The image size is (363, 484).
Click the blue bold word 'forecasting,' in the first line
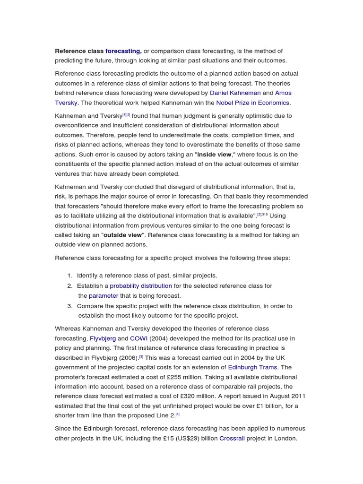tap(123, 51)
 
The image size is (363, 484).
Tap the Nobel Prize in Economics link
tap(253, 103)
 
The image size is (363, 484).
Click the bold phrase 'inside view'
tap(214, 155)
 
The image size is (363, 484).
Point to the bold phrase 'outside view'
tap(122, 235)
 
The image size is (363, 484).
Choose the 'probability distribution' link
tap(141, 286)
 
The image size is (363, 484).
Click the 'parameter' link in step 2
tap(104, 296)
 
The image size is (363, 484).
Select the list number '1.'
tap(70, 276)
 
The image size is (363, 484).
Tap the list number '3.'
tap(70, 306)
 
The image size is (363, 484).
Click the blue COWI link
tap(139, 338)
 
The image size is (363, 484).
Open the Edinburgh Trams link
tap(253, 367)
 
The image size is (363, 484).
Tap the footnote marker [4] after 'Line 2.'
tap(178, 415)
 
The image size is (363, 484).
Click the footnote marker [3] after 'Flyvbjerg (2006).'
tap(141, 357)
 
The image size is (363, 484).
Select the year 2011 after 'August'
tap(298, 396)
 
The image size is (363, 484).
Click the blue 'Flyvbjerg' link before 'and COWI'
tap(103, 338)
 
